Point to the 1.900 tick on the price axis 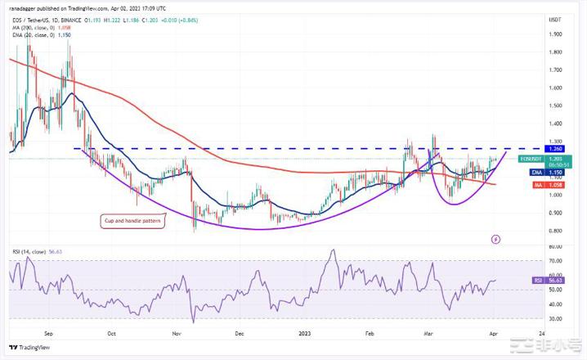(556, 34)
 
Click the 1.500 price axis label (556, 106)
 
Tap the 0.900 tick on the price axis (556, 213)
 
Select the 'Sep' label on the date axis (49, 334)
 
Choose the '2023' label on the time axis (305, 334)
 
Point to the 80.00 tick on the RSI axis (556, 246)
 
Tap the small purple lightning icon (495, 240)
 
